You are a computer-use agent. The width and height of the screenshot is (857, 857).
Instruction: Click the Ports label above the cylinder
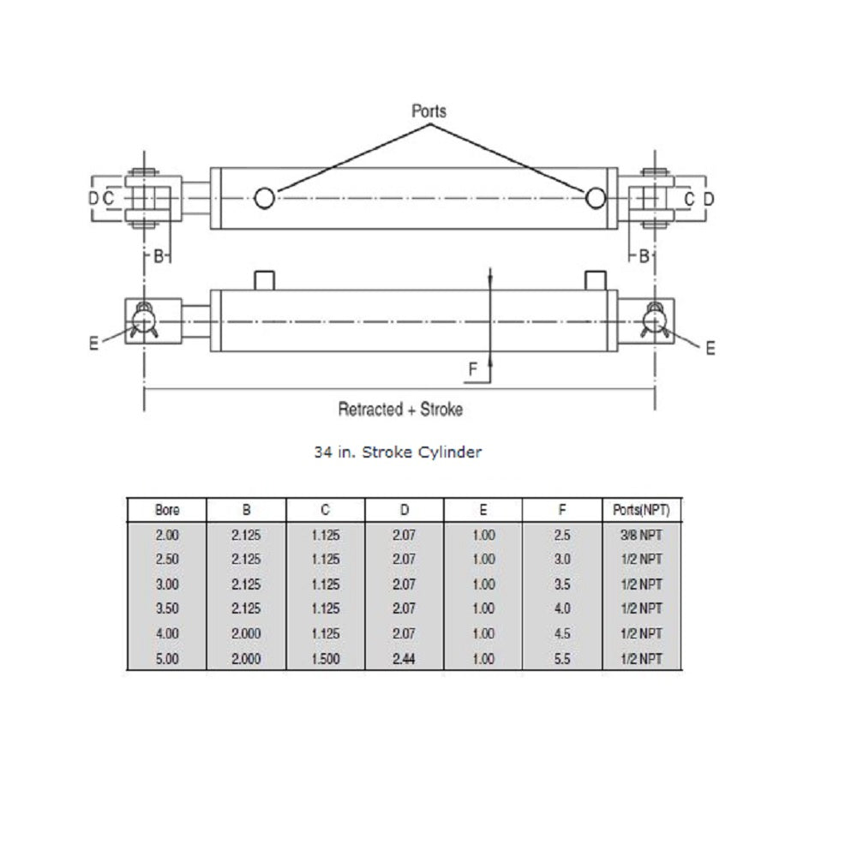[428, 111]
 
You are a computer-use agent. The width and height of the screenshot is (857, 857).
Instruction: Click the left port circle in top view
[265, 198]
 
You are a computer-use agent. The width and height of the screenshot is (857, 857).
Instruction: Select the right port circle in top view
[596, 198]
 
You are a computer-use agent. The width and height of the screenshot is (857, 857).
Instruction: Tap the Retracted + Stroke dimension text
[400, 409]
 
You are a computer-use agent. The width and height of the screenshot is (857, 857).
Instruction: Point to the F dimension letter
[473, 369]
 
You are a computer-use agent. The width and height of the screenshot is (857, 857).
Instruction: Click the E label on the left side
[94, 343]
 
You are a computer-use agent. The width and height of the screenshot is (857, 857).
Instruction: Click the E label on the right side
[710, 348]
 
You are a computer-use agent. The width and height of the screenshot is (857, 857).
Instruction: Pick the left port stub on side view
[265, 280]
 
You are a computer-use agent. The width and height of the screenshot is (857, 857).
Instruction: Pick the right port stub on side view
[596, 280]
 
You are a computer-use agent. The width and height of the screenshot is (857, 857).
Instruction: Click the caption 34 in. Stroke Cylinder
[398, 452]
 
